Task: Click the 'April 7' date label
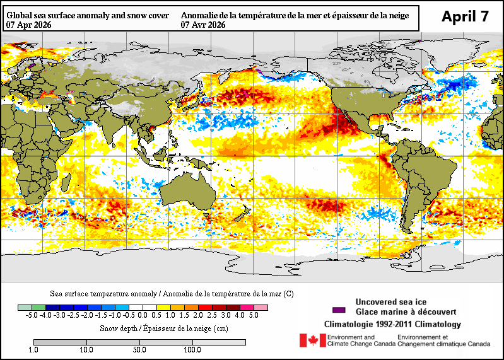(464, 16)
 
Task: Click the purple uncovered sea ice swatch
(339, 310)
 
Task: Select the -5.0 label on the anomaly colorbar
(31, 315)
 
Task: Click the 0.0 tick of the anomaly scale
(143, 315)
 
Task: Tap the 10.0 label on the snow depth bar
(86, 350)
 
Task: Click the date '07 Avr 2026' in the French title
(204, 25)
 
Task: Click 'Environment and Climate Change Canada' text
(360, 340)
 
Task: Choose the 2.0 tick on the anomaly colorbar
(199, 315)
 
